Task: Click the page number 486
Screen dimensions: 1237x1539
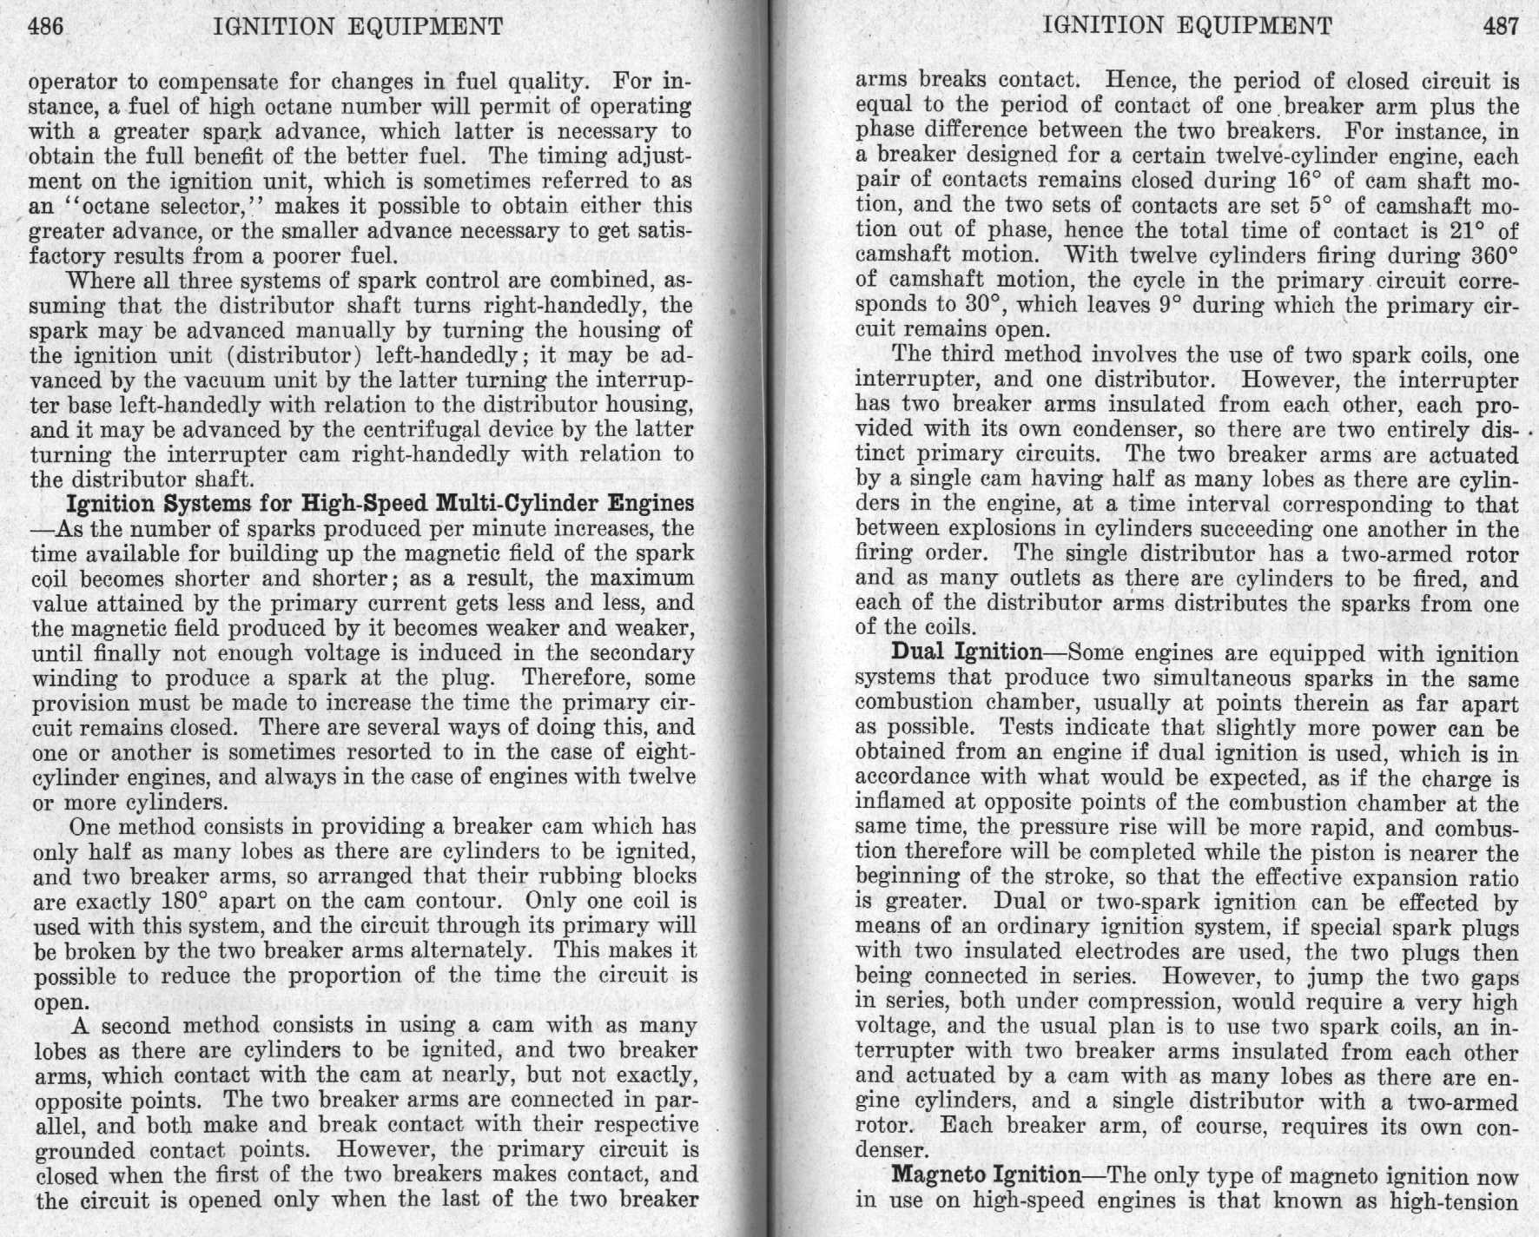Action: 47,26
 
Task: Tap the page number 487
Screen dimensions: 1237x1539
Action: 1502,26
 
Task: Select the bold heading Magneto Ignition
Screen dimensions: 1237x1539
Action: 986,1175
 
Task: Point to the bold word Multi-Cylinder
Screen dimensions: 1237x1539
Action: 514,503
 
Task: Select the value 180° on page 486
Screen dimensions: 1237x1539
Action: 183,901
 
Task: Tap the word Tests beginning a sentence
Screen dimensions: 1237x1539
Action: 1027,727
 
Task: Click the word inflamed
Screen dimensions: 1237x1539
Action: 895,804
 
